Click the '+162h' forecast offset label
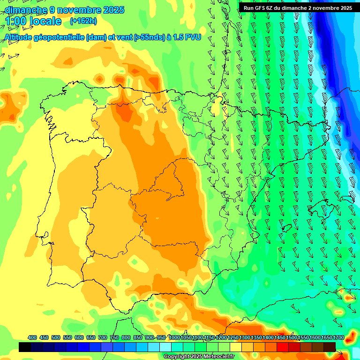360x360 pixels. click(x=83, y=21)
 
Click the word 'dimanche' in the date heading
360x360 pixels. click(x=26, y=9)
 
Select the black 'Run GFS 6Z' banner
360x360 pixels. click(x=298, y=8)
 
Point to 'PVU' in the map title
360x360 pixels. click(x=193, y=37)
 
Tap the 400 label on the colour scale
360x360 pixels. click(x=32, y=337)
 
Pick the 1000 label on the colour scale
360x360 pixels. click(x=174, y=337)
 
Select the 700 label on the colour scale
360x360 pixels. click(x=103, y=337)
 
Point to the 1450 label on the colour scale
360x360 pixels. click(x=280, y=337)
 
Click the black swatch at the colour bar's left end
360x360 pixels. click(x=25, y=347)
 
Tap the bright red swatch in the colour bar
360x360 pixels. click(x=283, y=347)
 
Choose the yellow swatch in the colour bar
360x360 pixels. click(x=236, y=347)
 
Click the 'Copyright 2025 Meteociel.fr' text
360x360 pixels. click(x=199, y=356)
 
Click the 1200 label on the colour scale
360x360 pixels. click(x=221, y=337)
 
